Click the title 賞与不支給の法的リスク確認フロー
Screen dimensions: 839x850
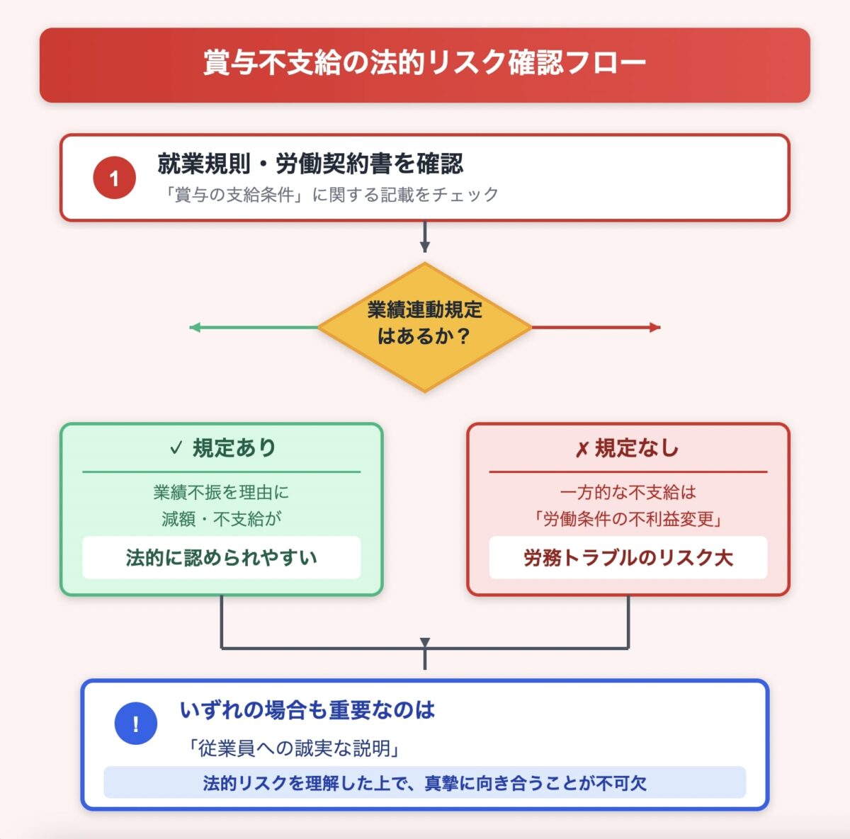tap(424, 63)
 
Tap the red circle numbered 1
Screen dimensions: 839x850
tap(114, 178)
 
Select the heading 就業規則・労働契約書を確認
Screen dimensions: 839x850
tap(310, 164)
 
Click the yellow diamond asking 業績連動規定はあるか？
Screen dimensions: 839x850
tap(424, 327)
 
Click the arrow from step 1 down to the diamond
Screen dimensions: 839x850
tap(424, 236)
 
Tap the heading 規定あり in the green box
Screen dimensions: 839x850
tap(234, 448)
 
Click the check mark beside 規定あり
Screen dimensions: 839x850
tap(176, 448)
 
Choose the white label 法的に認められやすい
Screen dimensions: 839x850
tap(221, 558)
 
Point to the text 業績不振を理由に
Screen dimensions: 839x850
tap(221, 492)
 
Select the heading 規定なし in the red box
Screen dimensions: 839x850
tap(636, 448)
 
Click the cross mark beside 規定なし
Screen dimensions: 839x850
tap(582, 449)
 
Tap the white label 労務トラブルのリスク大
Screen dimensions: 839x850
tap(628, 558)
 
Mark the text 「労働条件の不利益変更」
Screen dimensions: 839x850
tap(628, 519)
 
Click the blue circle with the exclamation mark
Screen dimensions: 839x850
tap(135, 724)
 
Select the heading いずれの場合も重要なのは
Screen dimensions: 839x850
tap(307, 710)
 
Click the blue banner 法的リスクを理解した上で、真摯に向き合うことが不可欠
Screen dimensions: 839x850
tap(424, 783)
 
